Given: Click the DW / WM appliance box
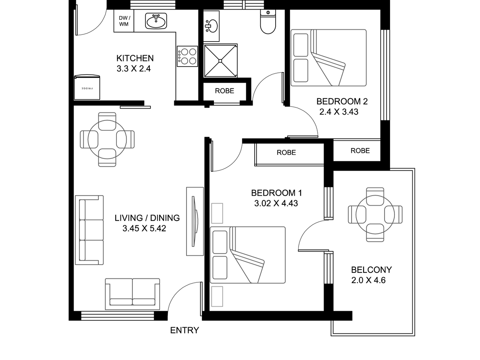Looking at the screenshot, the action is tap(124, 21).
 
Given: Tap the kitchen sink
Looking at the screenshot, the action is tap(156, 21).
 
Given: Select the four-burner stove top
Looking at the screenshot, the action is tap(187, 56).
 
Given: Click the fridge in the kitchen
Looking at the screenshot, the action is tap(87, 88).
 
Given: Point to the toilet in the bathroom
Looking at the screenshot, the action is tap(268, 22).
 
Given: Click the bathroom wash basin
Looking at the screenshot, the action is tap(211, 26).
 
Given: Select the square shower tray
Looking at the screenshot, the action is tap(221, 61).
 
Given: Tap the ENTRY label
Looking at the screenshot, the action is tap(185, 330).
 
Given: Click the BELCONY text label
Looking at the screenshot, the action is tap(371, 270).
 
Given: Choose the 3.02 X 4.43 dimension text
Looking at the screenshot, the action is tap(276, 204).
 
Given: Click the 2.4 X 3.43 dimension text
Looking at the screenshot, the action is tap(339, 112).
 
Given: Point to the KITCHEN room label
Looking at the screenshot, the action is tap(135, 58).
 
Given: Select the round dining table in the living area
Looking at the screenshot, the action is tap(107, 139).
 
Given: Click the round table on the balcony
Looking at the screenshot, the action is tap(375, 215).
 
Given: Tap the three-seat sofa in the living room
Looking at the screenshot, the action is tap(89, 230).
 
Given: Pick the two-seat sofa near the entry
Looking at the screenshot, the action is tap(133, 294).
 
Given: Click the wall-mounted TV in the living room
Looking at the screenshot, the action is tap(194, 221).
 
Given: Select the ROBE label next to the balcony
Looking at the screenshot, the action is tap(360, 150).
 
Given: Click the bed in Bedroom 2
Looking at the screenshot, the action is tap(328, 58).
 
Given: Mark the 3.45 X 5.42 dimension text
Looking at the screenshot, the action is tap(144, 229).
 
